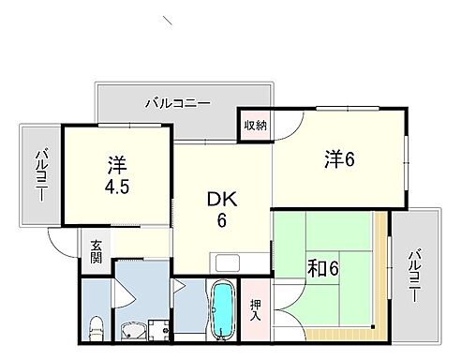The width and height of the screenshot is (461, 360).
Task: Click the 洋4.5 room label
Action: (115, 172)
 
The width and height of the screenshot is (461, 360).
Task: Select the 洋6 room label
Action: (339, 159)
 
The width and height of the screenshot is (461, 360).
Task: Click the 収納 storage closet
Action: (256, 124)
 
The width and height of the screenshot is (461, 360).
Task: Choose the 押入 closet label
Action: (256, 310)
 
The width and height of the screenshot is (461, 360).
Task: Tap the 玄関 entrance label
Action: (97, 253)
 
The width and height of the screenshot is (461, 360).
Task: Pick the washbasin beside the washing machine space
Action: (133, 331)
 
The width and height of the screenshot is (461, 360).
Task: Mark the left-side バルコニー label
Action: (41, 175)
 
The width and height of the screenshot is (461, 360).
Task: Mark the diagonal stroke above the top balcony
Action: (168, 20)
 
